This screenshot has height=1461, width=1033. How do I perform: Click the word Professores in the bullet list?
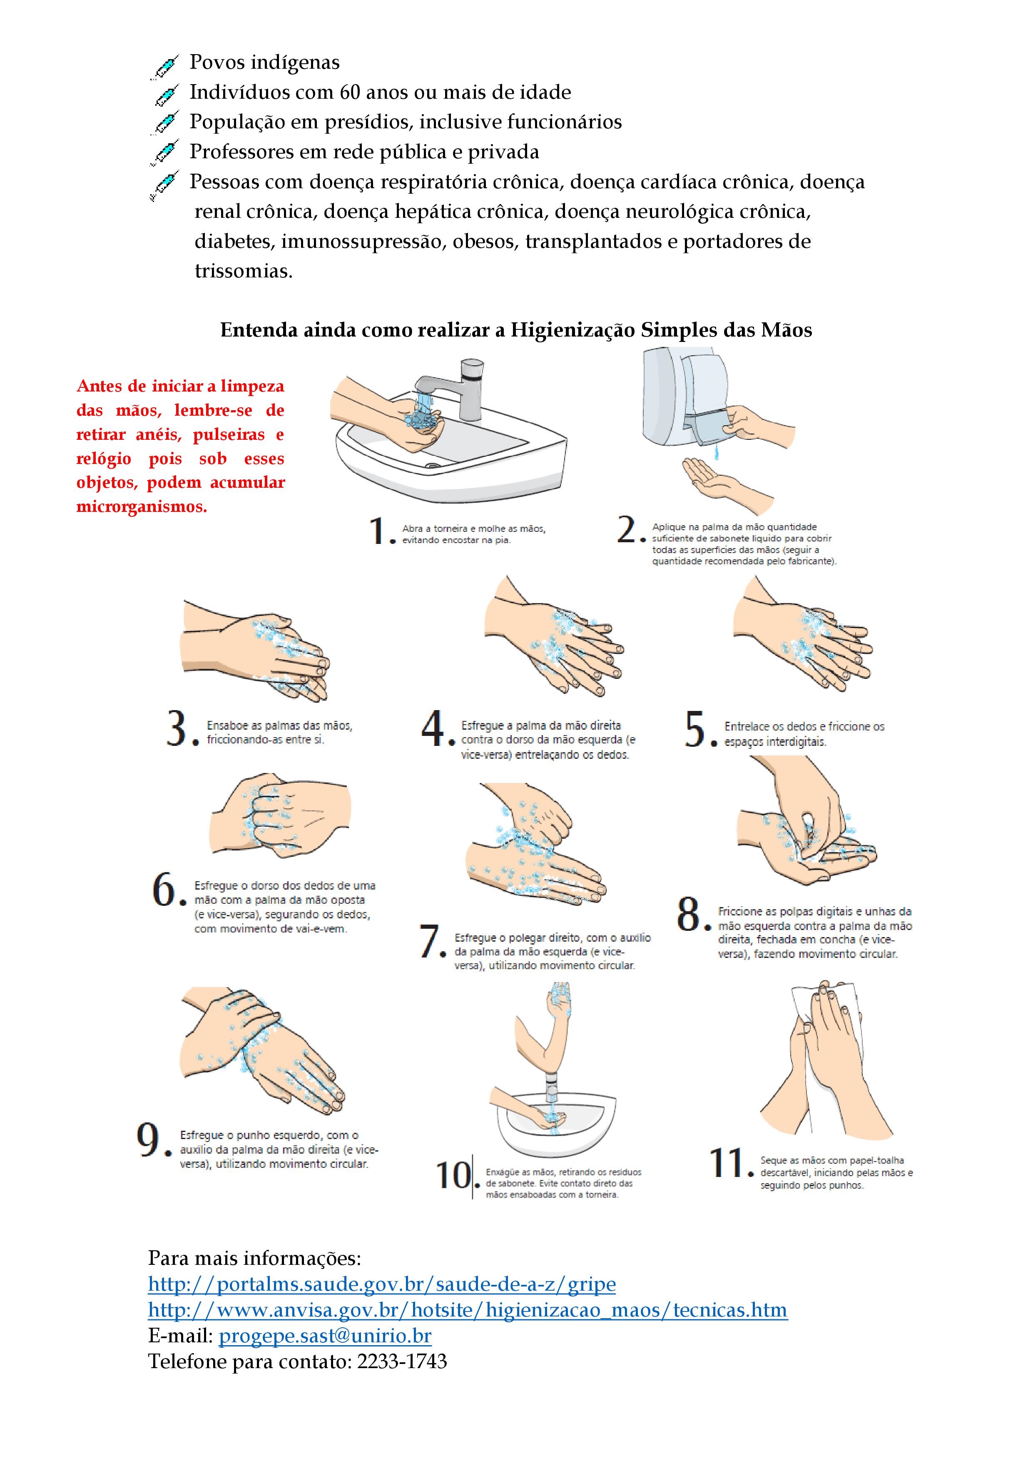240,152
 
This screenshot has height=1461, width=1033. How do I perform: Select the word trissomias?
244,271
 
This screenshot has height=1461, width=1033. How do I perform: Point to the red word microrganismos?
142,508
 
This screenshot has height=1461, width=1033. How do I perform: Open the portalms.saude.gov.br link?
382,1284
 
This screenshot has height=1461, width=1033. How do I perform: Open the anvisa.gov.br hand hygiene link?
468,1310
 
